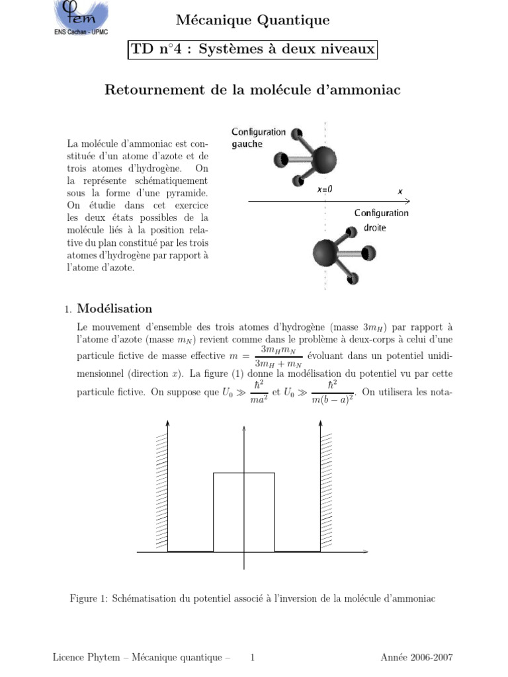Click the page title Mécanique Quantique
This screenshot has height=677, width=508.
(x=253, y=21)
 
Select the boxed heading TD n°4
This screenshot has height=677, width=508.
(x=253, y=50)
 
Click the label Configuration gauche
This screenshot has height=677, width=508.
(x=258, y=138)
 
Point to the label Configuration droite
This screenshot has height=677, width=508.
(x=381, y=220)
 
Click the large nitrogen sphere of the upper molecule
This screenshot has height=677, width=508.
(x=323, y=160)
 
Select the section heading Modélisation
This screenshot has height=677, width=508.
(x=114, y=309)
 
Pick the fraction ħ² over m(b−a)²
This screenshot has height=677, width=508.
(x=332, y=393)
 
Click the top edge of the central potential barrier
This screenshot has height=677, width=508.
(x=243, y=473)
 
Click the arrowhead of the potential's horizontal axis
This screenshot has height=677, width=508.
(x=365, y=551)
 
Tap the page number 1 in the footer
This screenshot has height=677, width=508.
(x=252, y=658)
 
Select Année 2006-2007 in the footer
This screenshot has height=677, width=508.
(x=417, y=658)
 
